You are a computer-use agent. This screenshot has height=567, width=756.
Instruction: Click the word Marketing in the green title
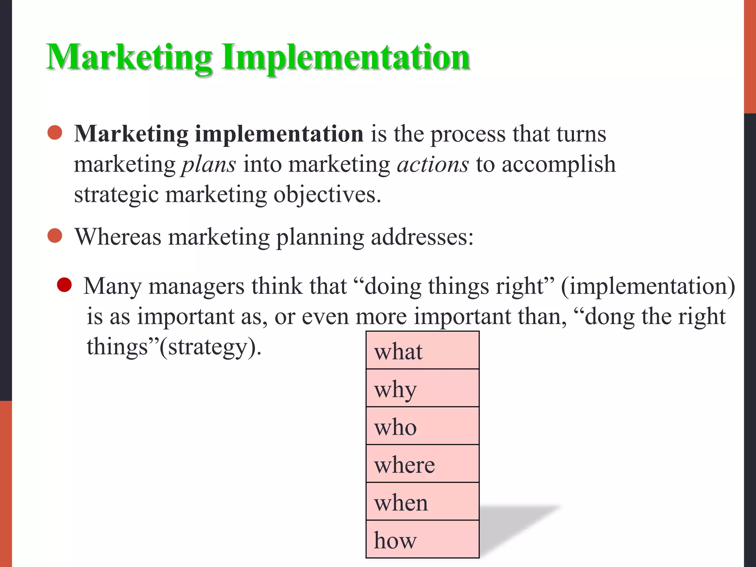pyautogui.click(x=129, y=57)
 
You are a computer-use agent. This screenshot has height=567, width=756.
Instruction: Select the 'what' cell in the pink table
pyautogui.click(x=422, y=351)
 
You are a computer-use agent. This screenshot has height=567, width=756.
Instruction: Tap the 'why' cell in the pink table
pyautogui.click(x=422, y=388)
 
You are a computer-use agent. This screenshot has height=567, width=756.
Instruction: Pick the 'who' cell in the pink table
pyautogui.click(x=422, y=426)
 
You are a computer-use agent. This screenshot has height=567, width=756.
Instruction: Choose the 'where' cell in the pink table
pyautogui.click(x=422, y=464)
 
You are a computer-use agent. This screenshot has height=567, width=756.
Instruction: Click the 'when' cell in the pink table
pyautogui.click(x=422, y=502)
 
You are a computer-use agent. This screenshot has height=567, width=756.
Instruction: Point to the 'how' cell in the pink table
pyautogui.click(x=422, y=540)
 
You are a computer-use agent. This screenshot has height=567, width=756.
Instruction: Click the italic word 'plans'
pyautogui.click(x=209, y=164)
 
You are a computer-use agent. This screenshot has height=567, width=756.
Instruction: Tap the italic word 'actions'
pyautogui.click(x=433, y=164)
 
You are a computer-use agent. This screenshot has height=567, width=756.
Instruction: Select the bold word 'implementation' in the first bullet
pyautogui.click(x=279, y=134)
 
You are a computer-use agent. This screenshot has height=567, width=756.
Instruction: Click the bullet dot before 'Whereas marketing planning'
pyautogui.click(x=55, y=236)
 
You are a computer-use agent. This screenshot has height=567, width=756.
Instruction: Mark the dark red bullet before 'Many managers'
pyautogui.click(x=64, y=285)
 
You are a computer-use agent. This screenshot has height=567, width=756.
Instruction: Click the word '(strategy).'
pyautogui.click(x=210, y=347)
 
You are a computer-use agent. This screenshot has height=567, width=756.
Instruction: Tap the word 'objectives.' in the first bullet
pyautogui.click(x=327, y=195)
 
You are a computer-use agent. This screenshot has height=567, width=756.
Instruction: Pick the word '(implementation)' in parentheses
pyautogui.click(x=648, y=286)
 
